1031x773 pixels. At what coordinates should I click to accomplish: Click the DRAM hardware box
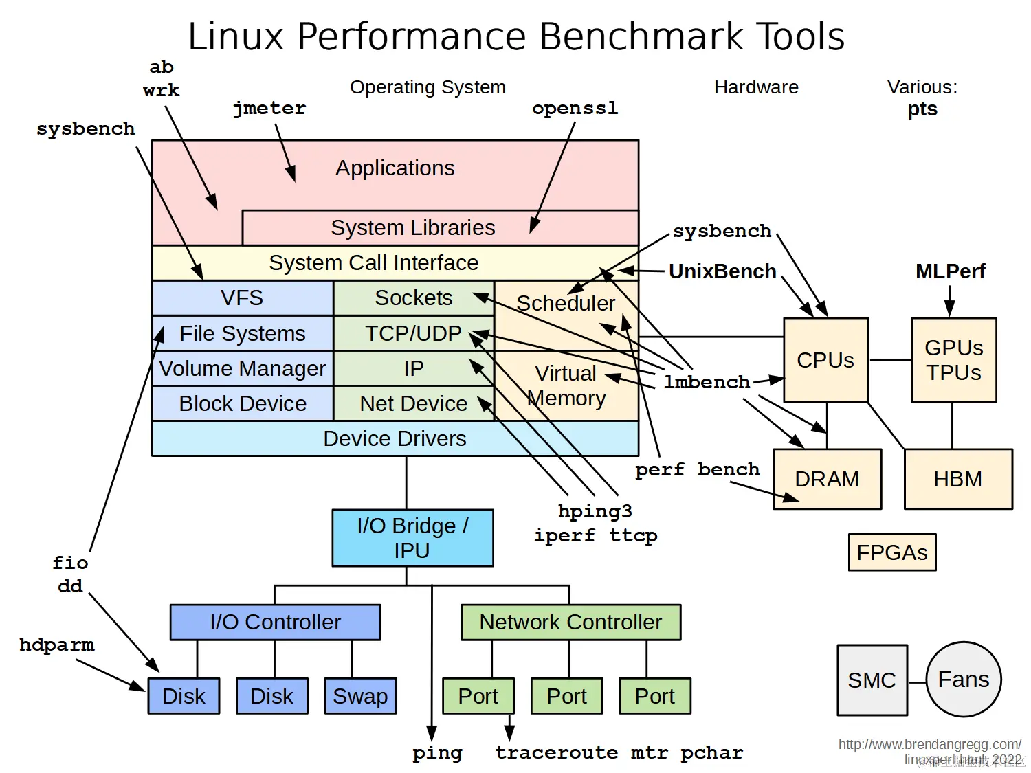tap(827, 479)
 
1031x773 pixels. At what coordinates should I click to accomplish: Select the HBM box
tap(957, 479)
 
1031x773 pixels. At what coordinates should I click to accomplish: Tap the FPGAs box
tap(891, 552)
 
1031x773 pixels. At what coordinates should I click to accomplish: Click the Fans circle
tap(963, 680)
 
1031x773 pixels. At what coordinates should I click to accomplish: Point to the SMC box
tap(872, 680)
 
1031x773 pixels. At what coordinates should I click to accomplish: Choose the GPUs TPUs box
tap(953, 360)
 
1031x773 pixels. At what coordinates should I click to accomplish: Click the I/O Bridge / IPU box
tap(412, 538)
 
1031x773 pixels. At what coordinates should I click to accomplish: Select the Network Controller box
tap(570, 622)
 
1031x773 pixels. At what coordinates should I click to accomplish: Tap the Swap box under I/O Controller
tap(360, 696)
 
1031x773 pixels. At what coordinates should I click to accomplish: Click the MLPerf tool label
tap(950, 271)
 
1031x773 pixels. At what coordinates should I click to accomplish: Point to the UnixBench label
tap(722, 271)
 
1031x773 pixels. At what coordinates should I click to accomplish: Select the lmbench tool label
tap(707, 382)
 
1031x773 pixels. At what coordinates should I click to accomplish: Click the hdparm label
tap(57, 645)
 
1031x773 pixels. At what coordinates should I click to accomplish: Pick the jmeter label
tap(269, 109)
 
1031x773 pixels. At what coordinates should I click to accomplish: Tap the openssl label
tap(575, 109)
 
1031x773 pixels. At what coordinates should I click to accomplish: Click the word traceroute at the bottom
tap(556, 752)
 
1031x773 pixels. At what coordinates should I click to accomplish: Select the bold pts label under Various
tap(922, 109)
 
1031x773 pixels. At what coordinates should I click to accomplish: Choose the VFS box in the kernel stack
tap(242, 298)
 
